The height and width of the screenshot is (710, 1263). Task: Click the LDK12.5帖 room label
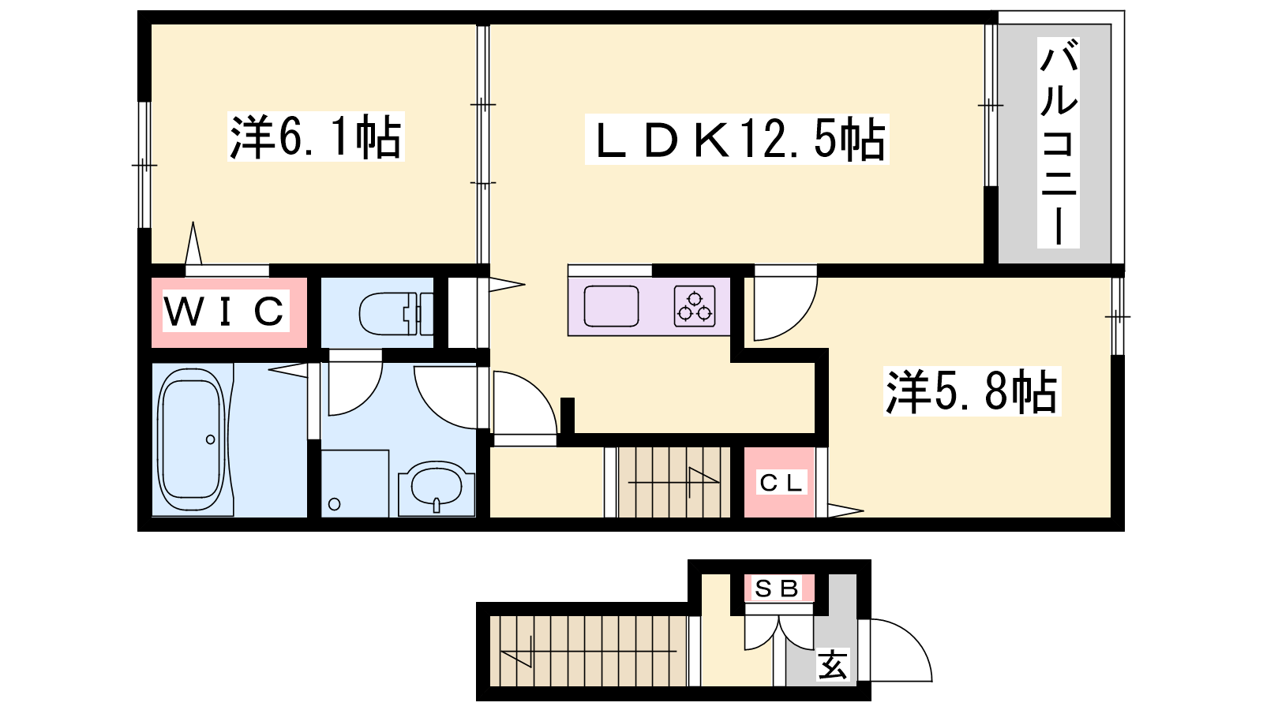[737, 139]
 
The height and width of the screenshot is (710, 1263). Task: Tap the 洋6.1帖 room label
[316, 137]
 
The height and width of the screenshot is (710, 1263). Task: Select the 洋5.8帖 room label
[972, 391]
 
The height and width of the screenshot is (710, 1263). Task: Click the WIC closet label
[225, 311]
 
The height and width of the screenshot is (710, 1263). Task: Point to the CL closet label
[781, 482]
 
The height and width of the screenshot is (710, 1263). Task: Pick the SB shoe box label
[778, 589]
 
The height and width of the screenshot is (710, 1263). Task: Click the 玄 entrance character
[832, 664]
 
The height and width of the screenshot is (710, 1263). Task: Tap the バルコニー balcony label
[1059, 143]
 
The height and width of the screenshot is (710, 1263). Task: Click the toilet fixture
[395, 313]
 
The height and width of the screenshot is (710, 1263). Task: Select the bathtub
[192, 440]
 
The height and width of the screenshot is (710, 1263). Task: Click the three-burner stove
[695, 307]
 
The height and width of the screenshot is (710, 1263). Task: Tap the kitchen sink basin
[611, 306]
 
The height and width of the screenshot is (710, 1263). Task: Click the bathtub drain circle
[210, 439]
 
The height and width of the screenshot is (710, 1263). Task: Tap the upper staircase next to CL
[674, 482]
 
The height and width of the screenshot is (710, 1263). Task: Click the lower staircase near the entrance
[588, 652]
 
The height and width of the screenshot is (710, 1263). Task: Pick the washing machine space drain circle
[335, 504]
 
